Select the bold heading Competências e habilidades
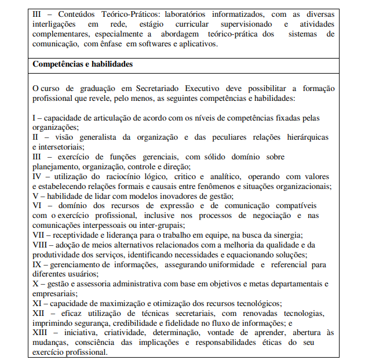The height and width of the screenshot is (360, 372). [x=83, y=64]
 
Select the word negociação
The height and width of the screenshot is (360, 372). [x=268, y=215]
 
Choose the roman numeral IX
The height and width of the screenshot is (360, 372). [x=37, y=264]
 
